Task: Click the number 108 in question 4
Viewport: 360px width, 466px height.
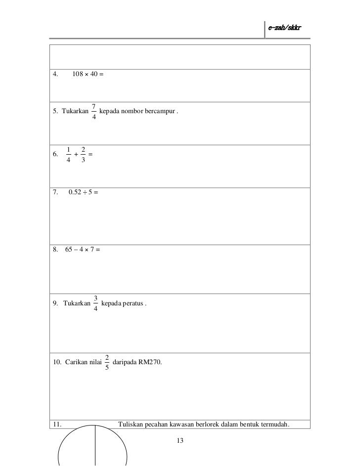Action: click(x=78, y=75)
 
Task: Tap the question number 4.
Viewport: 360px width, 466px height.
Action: click(x=55, y=75)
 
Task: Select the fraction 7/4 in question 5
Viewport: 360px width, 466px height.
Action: click(x=94, y=112)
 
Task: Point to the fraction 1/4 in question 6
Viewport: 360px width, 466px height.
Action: click(x=68, y=154)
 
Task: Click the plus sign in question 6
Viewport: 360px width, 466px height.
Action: click(x=76, y=155)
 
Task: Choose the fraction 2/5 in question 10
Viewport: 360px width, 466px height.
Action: click(x=107, y=362)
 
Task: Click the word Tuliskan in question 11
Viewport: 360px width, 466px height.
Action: click(x=131, y=424)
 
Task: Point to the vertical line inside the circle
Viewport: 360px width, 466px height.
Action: click(x=95, y=447)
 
